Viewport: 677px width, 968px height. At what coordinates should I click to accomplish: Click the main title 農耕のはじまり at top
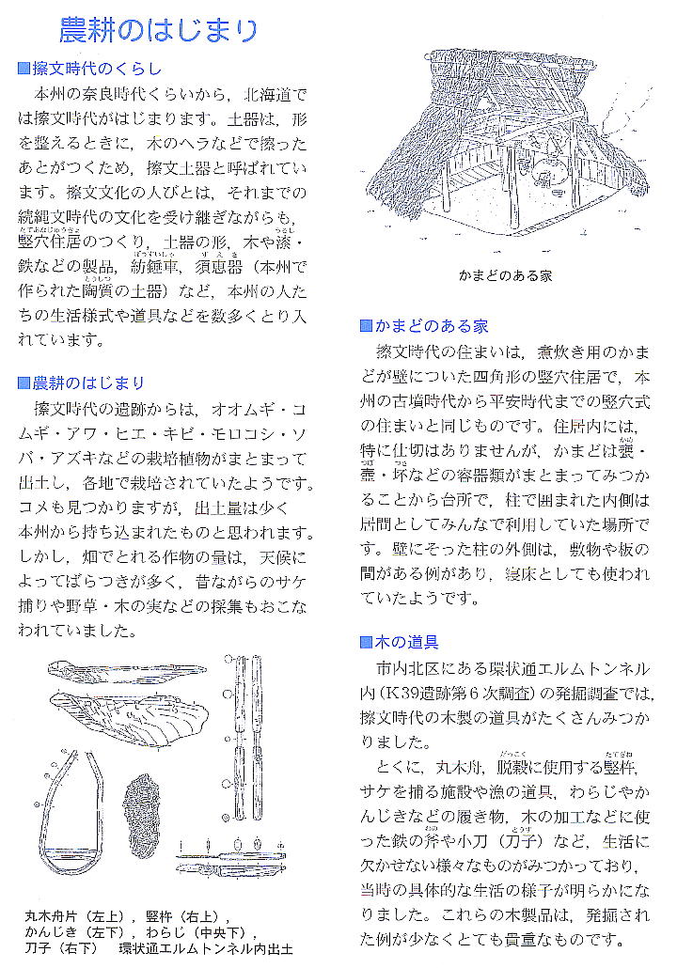click(x=158, y=31)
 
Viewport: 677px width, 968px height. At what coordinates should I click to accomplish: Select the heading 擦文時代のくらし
click(x=97, y=69)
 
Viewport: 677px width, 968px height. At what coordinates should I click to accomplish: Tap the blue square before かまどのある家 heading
click(x=366, y=327)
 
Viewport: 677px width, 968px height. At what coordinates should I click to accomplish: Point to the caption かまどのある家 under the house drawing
click(x=505, y=276)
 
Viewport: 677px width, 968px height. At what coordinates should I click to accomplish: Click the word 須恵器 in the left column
click(x=220, y=267)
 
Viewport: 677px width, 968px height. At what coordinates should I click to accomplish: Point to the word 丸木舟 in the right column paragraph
click(x=464, y=767)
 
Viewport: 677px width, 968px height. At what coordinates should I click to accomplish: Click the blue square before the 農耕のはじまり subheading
click(x=24, y=383)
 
